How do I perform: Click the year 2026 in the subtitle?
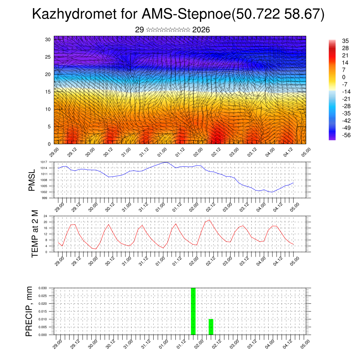[x=201, y=30]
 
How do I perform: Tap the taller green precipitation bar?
[x=193, y=311]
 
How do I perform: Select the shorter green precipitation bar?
[x=211, y=327]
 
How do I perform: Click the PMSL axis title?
[x=32, y=180]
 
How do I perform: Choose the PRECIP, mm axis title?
[x=29, y=311]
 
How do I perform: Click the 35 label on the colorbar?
[x=345, y=41]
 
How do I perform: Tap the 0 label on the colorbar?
[x=344, y=77]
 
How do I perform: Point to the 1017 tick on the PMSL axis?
[x=44, y=162]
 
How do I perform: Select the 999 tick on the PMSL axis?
[x=45, y=198]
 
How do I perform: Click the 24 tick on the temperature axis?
[x=45, y=216]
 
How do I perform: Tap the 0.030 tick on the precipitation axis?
[x=43, y=288]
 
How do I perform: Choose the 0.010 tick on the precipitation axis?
[x=43, y=319]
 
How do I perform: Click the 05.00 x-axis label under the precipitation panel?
[x=306, y=345]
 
